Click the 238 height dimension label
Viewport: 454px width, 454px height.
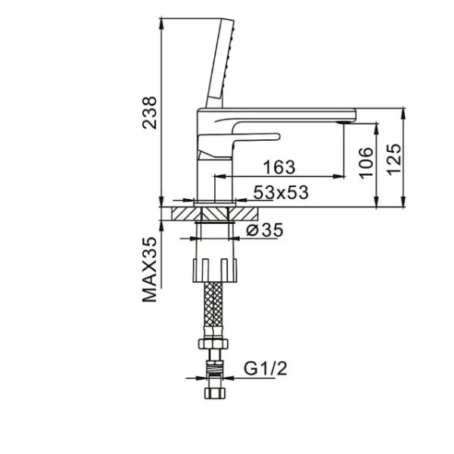pyautogui.click(x=151, y=112)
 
